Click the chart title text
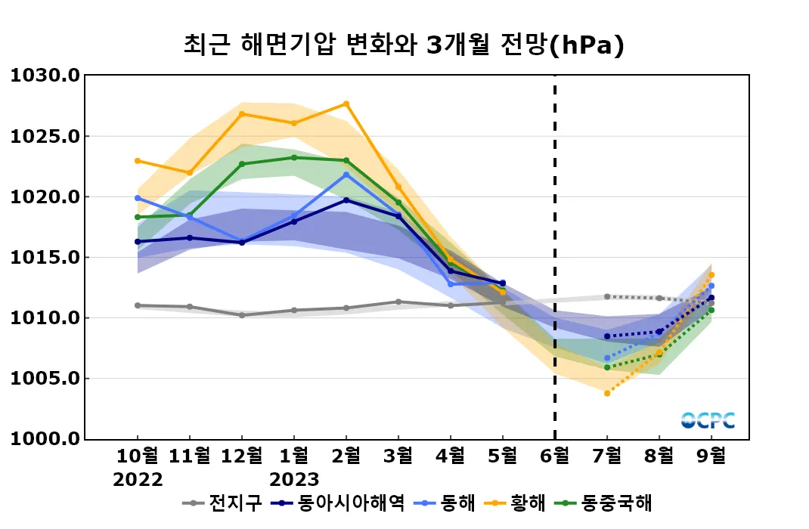coord(404,45)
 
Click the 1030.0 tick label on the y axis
coord(45,76)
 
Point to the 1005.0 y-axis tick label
coord(45,379)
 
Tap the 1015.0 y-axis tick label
coord(45,258)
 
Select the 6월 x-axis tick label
coord(555,456)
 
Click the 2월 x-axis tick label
coord(346,456)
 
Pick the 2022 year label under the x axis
coord(138,479)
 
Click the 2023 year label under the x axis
coord(294,479)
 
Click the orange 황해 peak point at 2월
coord(346,104)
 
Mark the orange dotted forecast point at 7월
coord(607,393)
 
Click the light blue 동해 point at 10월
coord(138,198)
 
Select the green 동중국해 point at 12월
coord(242,164)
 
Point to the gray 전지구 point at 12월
coord(242,315)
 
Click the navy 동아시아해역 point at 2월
coord(346,200)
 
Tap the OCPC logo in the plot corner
coord(708,420)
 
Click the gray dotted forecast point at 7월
coord(607,296)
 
